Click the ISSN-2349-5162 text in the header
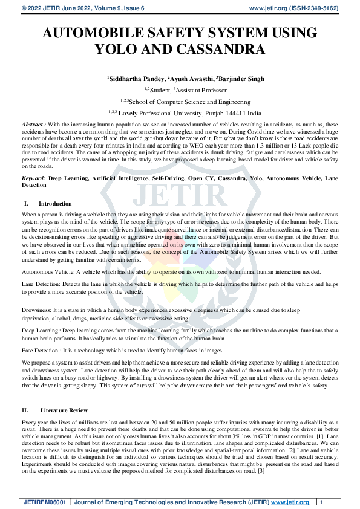point(321,8)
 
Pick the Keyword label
point(34,180)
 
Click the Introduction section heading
point(55,204)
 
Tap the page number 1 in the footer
point(322,502)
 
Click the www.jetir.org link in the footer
point(290,502)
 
